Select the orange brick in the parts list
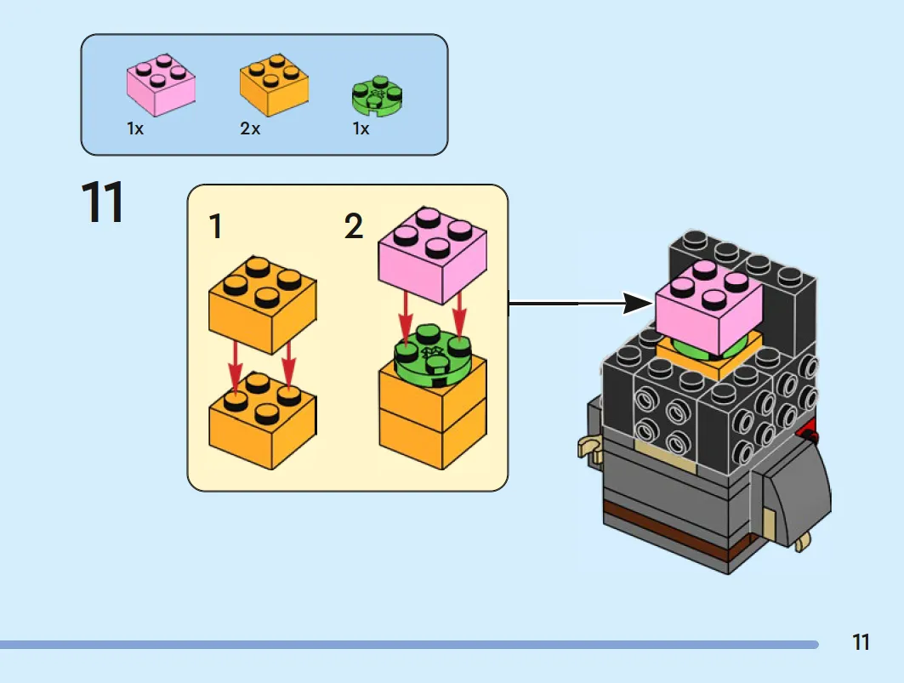(x=274, y=84)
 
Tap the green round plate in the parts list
(x=377, y=95)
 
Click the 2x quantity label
(x=250, y=128)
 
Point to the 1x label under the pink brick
(x=135, y=128)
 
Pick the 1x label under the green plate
(x=361, y=128)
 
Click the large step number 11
(x=102, y=202)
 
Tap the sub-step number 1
(x=216, y=226)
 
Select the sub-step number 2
(x=354, y=225)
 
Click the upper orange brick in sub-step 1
(x=262, y=305)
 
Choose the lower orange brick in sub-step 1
(x=262, y=419)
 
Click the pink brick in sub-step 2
(x=432, y=255)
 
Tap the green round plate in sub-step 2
(x=432, y=356)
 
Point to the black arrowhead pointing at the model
(x=639, y=304)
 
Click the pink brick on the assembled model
(x=708, y=307)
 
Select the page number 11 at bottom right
(x=861, y=642)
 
